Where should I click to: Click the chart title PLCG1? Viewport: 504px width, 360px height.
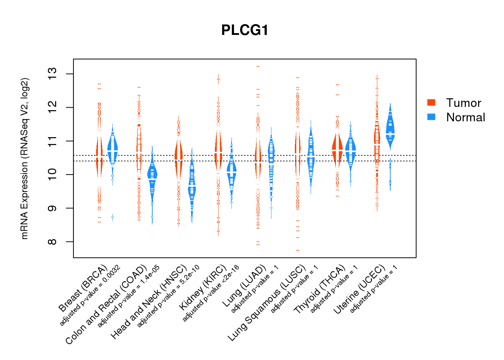coord(245,30)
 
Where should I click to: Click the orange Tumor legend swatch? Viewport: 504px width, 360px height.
coord(431,103)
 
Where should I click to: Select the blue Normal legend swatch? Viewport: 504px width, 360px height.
coord(431,117)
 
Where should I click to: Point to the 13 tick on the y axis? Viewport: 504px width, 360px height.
coord(53,74)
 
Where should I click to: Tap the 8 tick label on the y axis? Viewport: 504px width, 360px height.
coord(53,242)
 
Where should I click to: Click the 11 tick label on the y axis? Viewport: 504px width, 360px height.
coord(53,141)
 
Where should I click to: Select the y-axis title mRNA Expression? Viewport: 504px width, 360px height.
coord(24,158)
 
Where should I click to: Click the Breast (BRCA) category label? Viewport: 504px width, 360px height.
coord(83,288)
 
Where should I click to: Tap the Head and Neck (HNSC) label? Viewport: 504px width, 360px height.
coord(149,302)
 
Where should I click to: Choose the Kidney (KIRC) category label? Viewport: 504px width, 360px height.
coord(203,287)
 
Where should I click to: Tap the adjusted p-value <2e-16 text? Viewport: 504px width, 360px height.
coord(211,293)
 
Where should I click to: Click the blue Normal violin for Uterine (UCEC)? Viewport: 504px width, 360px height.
coord(390,130)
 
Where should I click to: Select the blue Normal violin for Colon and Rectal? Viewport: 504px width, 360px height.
coord(152,176)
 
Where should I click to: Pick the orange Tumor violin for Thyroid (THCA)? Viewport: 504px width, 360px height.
coord(337,149)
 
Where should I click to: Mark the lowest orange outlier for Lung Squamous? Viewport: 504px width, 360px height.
coord(298,250)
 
